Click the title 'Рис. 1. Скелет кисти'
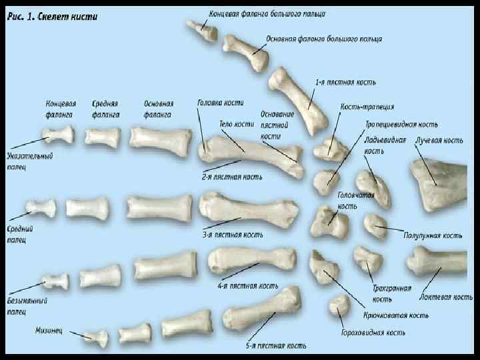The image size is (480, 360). [53, 17]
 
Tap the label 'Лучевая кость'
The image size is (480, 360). [439, 141]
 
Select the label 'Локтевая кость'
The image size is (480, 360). [446, 297]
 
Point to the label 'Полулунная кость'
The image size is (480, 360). [433, 235]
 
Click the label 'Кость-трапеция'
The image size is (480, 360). [367, 106]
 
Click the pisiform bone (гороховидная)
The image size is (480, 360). [340, 309]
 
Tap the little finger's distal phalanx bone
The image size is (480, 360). [96, 338]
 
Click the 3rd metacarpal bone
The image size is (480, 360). [247, 208]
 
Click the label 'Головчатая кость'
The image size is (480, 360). [355, 201]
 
